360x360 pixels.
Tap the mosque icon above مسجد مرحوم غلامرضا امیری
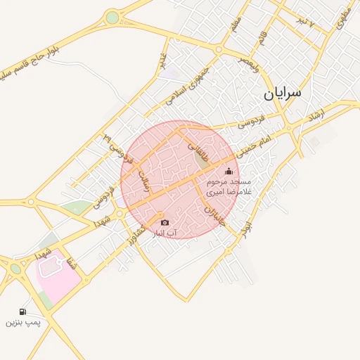[229, 171]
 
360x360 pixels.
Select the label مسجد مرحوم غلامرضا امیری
[229, 186]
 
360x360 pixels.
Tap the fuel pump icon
[23, 311]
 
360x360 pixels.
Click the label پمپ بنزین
[23, 323]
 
